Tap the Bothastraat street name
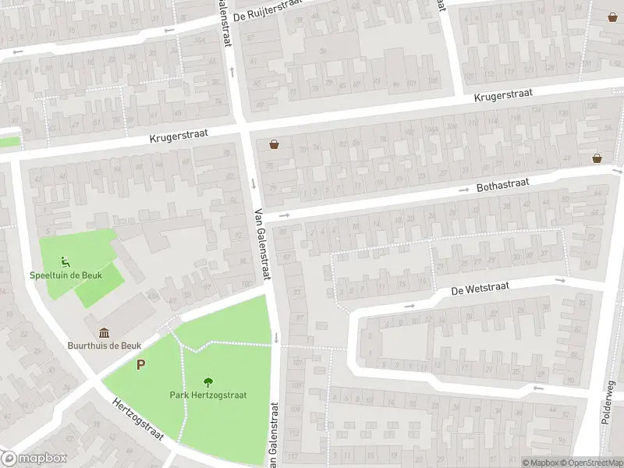[502, 186]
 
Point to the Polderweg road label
[608, 402]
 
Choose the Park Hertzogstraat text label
[208, 395]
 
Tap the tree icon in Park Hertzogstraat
[208, 382]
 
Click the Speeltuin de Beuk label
[63, 275]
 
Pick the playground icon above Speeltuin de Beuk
[64, 262]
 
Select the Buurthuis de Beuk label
[104, 346]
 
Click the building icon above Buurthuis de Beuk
[104, 333]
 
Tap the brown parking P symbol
[141, 364]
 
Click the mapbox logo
[34, 459]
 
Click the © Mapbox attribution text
[540, 463]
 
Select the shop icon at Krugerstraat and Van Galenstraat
[274, 144]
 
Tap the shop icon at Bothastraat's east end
[597, 158]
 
